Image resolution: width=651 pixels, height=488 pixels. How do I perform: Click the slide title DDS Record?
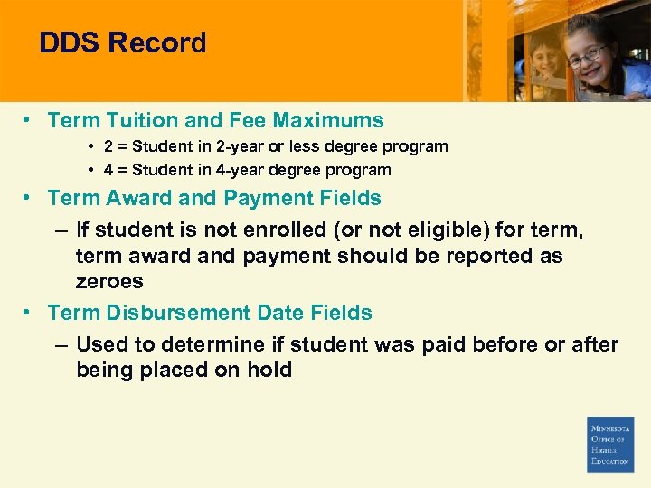click(123, 42)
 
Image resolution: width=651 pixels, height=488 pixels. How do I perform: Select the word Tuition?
click(141, 120)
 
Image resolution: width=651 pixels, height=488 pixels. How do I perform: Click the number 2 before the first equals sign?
click(108, 146)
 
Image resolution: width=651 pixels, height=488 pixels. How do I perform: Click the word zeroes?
click(109, 281)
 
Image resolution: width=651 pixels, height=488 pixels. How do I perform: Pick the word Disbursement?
click(174, 313)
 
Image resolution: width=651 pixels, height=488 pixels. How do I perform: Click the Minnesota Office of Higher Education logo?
click(610, 444)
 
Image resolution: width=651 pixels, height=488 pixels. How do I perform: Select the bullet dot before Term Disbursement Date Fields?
click(29, 313)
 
